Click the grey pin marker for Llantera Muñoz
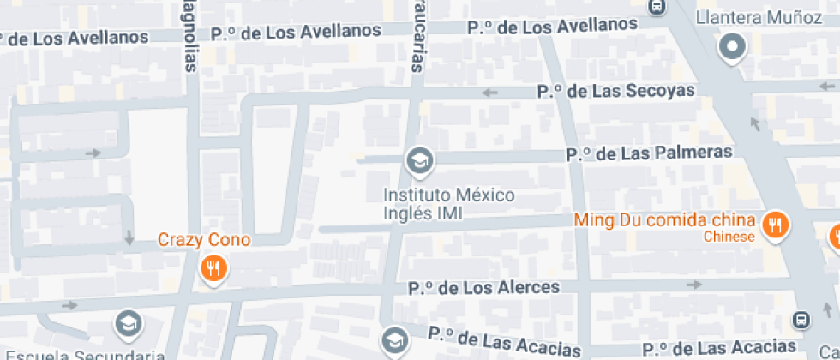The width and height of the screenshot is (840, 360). [733, 47]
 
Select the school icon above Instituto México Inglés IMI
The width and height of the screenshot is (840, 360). [419, 160]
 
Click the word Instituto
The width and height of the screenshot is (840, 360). [420, 195]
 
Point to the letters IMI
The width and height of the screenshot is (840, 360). [446, 213]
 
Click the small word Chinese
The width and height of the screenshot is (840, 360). [729, 237]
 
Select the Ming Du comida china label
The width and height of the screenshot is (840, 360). [664, 219]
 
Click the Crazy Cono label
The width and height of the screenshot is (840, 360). [204, 240]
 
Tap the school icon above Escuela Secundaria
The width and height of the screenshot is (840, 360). [129, 323]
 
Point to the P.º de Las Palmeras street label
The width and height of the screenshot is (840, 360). [649, 153]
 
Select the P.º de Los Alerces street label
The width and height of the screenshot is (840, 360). [484, 287]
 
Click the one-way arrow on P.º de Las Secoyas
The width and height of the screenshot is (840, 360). [490, 93]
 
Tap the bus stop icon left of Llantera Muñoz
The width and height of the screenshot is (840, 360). [657, 6]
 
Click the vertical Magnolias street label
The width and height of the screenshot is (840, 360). [189, 34]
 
